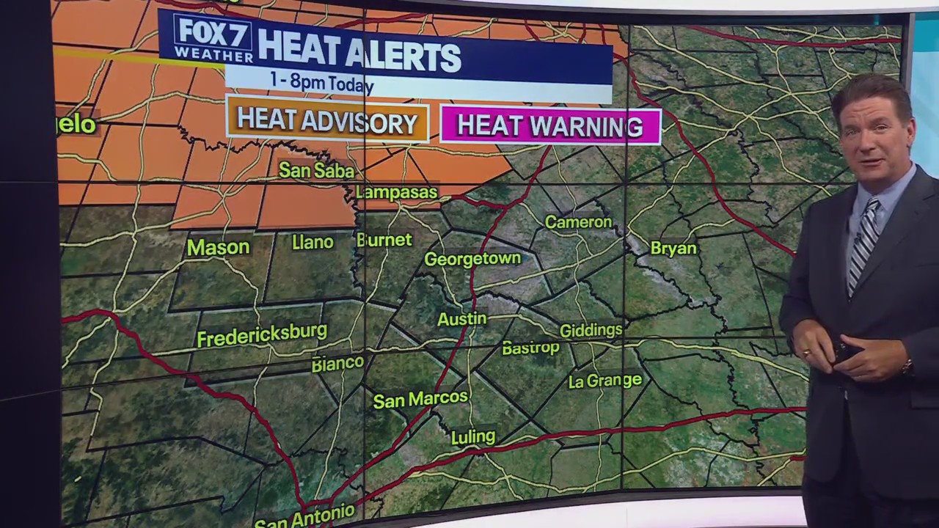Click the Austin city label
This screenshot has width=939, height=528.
tap(461, 319)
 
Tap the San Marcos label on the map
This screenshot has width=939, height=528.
tap(420, 399)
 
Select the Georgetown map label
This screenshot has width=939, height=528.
tap(472, 259)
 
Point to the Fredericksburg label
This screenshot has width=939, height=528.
tap(262, 335)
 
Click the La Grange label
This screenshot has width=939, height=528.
tap(605, 381)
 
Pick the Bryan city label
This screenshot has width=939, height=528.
tap(673, 249)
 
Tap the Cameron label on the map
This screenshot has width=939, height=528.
tap(578, 222)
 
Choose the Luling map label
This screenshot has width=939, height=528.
tap(473, 437)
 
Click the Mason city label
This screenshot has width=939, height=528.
tap(218, 247)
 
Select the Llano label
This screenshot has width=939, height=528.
tap(313, 242)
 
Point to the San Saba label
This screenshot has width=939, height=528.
tap(316, 171)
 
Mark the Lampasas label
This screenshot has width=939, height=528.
tap(397, 193)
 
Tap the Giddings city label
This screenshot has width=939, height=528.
tap(591, 331)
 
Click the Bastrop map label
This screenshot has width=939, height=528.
tap(530, 348)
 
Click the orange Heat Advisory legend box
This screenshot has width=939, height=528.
tap(327, 122)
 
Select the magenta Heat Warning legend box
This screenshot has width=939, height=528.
tap(550, 126)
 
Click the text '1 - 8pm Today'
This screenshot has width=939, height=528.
tap(321, 82)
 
